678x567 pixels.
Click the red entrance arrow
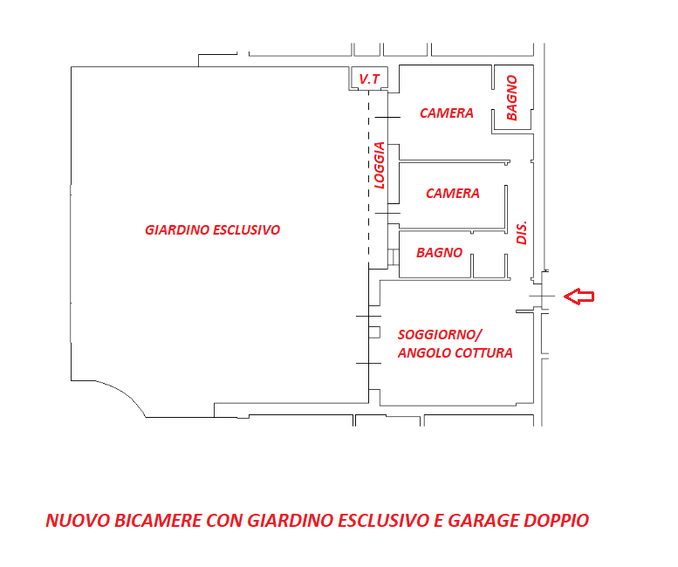coord(579,297)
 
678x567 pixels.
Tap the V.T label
coord(369,80)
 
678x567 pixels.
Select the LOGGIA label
coord(379,165)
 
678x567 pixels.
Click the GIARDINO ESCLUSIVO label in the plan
coord(212,230)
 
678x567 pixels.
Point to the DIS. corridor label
coord(523,231)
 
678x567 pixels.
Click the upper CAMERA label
coord(446,113)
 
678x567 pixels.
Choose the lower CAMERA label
coord(452,194)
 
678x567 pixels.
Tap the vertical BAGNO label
coord(511,97)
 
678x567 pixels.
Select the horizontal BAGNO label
coord(439,253)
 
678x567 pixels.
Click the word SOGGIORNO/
coord(439,334)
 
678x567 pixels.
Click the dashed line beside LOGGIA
coord(368,174)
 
